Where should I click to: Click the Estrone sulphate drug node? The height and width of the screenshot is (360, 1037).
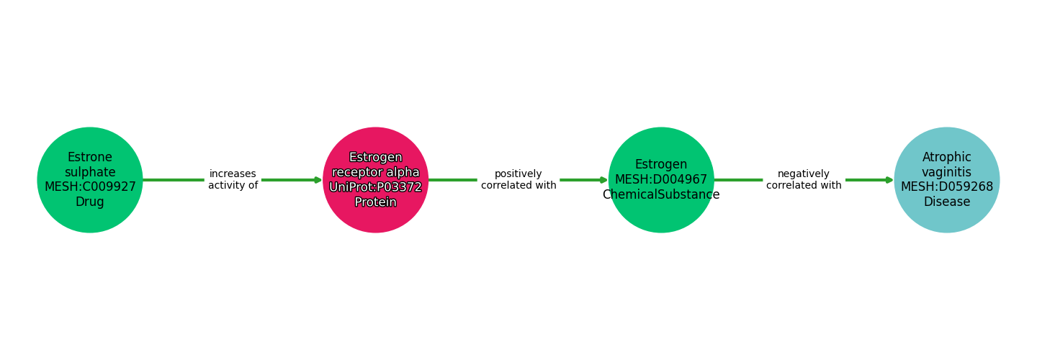(x=90, y=180)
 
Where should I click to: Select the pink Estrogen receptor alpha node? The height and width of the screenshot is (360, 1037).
(x=375, y=180)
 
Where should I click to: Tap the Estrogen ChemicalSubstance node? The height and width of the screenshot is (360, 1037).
(x=661, y=180)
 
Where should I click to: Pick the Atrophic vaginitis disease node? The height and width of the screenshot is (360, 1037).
(x=947, y=180)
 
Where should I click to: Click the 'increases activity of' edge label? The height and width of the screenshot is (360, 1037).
(x=233, y=179)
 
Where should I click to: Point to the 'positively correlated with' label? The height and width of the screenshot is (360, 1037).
(x=518, y=179)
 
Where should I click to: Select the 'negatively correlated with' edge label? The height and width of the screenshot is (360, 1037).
(x=804, y=179)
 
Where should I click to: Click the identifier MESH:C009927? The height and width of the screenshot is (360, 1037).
(x=90, y=186)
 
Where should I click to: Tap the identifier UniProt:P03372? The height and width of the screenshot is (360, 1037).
(x=375, y=187)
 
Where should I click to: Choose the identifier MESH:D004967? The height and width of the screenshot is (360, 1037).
(x=661, y=179)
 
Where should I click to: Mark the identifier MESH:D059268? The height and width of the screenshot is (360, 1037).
(x=947, y=186)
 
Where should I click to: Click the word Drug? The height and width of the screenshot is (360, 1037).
(x=90, y=202)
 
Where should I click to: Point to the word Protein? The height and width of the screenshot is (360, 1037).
(x=375, y=202)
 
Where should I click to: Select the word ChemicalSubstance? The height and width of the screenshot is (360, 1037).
(x=661, y=194)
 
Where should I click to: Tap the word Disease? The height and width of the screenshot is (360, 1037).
(x=947, y=202)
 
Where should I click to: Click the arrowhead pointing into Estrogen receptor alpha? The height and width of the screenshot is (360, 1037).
(x=318, y=180)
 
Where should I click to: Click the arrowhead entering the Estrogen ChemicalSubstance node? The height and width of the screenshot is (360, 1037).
(x=604, y=180)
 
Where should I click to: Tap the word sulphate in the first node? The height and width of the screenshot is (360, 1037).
(x=90, y=172)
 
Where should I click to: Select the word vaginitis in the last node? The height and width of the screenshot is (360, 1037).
(x=947, y=172)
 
